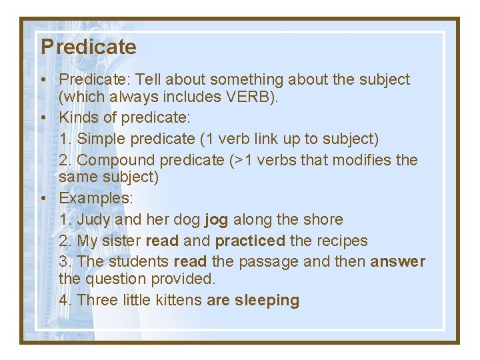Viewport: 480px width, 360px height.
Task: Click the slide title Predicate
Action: click(88, 47)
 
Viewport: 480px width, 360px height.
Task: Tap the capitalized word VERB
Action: click(244, 97)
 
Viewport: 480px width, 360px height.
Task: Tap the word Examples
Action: click(95, 198)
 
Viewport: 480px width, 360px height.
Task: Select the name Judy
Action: click(94, 219)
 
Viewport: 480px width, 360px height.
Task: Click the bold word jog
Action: click(216, 219)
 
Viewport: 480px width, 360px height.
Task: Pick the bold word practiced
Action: click(250, 241)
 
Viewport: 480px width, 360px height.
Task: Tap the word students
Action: click(138, 261)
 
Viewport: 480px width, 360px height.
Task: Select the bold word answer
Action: click(397, 261)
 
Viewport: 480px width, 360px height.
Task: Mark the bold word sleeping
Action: click(267, 300)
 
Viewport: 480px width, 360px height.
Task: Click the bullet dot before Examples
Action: click(43, 198)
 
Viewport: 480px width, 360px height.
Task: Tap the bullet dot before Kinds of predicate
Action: click(43, 118)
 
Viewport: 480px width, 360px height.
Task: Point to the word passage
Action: click(268, 261)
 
